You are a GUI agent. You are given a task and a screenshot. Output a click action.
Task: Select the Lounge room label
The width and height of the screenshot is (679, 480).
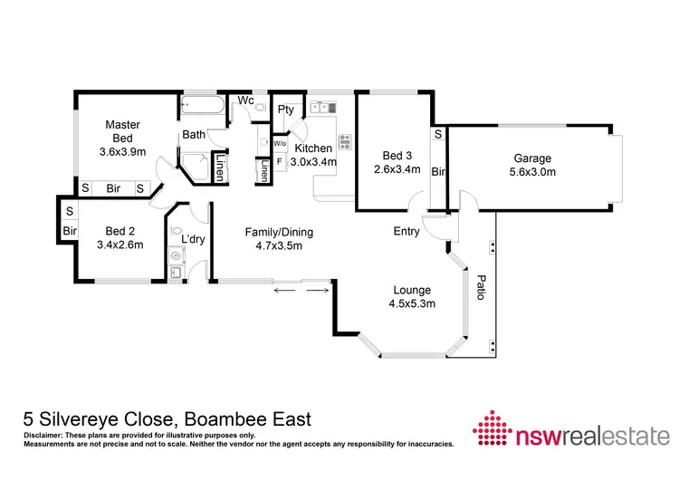coord(412,291)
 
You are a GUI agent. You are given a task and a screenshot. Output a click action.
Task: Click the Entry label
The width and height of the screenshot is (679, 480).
coord(406,232)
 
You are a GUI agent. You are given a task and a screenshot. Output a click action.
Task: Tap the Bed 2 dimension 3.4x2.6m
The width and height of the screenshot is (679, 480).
coord(120,245)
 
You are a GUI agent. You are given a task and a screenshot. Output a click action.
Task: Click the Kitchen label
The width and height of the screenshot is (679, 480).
coord(314,148)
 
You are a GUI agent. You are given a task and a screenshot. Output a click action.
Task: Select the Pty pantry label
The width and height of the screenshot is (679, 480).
coord(286,110)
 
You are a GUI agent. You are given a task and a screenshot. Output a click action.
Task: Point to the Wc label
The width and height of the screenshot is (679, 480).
coord(244,100)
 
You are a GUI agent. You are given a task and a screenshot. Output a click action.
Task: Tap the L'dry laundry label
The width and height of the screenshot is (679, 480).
coord(192,239)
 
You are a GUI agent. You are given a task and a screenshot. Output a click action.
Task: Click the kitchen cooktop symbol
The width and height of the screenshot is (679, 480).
coord(344,141)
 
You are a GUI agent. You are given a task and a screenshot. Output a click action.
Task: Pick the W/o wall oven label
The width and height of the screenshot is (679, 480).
coord(280,144)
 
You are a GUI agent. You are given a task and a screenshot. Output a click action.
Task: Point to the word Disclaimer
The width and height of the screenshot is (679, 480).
coord(41,437)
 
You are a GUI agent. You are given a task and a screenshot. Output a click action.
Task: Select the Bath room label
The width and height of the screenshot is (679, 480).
coord(194,135)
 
